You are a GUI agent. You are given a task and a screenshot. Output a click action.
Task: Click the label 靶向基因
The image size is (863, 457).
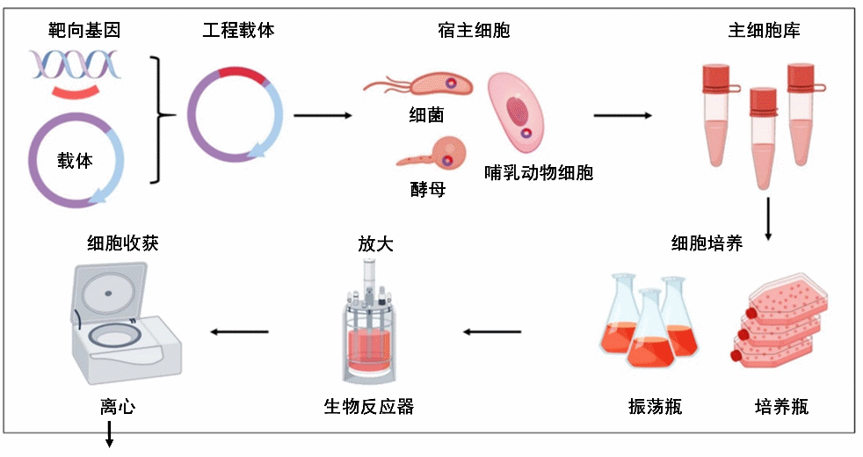(x=83, y=31)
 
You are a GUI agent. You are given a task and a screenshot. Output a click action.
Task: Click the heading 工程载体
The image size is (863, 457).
(x=238, y=31)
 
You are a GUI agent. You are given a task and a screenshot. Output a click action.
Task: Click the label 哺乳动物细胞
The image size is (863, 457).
(x=539, y=172)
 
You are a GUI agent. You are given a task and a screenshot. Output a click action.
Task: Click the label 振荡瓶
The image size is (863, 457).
(x=655, y=406)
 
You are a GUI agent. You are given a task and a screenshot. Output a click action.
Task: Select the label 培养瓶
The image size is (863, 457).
(x=781, y=406)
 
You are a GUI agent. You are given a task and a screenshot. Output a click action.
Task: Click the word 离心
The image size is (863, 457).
(x=110, y=406)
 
